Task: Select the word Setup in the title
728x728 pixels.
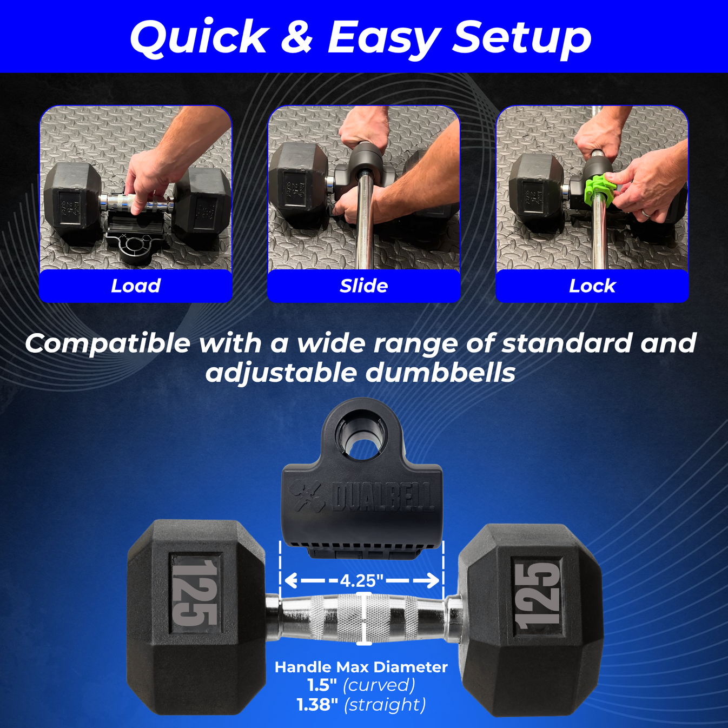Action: click(521, 38)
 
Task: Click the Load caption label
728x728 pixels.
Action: click(136, 286)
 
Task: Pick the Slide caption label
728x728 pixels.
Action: click(363, 286)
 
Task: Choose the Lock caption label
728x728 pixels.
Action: click(592, 286)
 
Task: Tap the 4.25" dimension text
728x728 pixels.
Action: click(361, 581)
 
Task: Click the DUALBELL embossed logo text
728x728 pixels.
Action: click(383, 497)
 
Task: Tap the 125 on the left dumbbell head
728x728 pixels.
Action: click(195, 592)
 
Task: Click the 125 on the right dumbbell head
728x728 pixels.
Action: click(538, 595)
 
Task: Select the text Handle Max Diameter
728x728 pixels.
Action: click(361, 667)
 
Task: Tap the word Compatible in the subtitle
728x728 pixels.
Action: click(108, 343)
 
